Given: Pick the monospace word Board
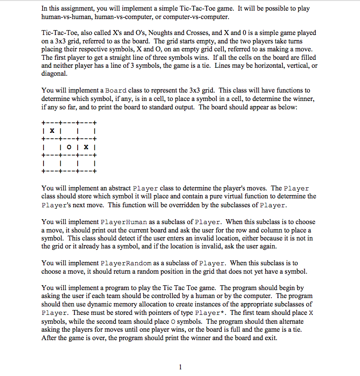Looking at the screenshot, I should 114,91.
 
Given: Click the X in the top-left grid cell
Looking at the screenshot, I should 52,132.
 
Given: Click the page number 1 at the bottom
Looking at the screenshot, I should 180,366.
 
